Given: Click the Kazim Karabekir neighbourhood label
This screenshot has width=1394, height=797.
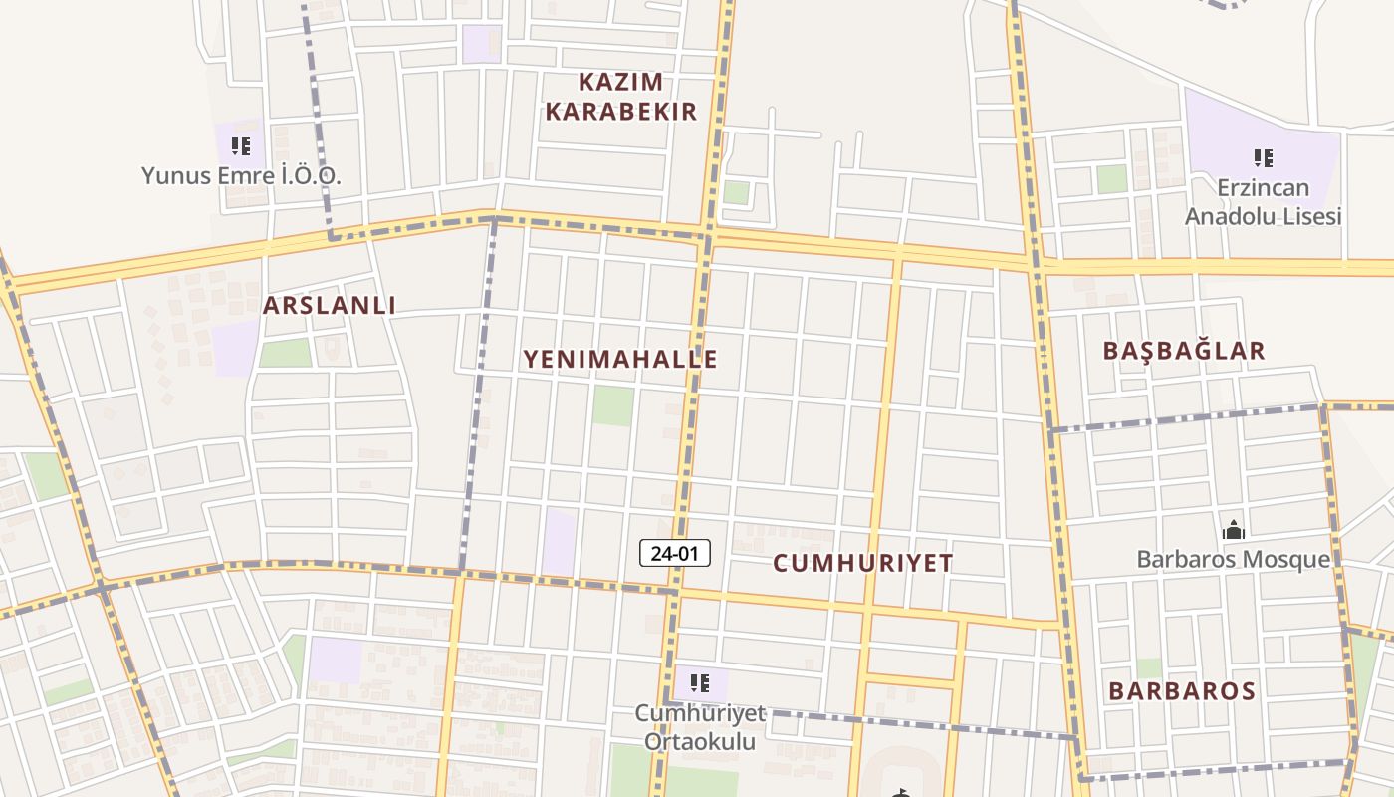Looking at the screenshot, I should click(620, 97).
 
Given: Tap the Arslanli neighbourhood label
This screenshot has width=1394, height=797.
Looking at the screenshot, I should click(330, 306).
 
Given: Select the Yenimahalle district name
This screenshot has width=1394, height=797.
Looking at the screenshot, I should click(620, 359).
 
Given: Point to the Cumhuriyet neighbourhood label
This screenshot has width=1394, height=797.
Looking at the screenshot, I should click(863, 563).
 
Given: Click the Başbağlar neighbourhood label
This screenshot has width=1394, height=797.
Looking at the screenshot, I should click(1184, 351).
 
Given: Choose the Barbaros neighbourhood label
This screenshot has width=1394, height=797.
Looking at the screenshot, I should click(1182, 690).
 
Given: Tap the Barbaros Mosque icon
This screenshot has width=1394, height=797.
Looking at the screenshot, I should click(1234, 530).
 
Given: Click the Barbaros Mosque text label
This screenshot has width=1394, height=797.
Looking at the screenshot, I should click(1233, 559).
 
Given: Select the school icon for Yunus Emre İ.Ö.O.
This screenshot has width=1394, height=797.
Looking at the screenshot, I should click(241, 147).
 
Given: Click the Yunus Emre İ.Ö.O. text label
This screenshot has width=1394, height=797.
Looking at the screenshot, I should click(241, 176).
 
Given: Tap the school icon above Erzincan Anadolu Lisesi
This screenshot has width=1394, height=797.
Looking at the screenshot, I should click(1264, 157).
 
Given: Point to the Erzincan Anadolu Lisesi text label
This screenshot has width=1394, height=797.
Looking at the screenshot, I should click(1264, 202).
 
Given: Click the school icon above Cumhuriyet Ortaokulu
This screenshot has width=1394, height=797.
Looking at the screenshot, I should click(700, 683).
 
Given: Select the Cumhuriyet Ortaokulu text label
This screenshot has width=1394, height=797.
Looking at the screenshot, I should click(700, 727).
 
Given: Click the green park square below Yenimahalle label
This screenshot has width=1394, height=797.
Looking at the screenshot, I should click(613, 406).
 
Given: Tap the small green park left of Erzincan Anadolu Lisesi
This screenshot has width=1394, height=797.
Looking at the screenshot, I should click(1111, 179).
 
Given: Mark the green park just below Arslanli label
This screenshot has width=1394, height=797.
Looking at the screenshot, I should click(286, 353).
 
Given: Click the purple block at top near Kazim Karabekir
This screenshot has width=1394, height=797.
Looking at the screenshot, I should click(482, 44).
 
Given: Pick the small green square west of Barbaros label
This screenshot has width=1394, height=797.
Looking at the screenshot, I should click(1148, 667).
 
